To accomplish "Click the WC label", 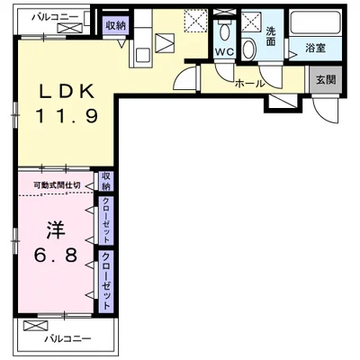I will point(225,52).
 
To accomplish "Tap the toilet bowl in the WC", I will point(225,34).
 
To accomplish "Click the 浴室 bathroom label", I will point(315,47).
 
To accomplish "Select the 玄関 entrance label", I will point(325,78).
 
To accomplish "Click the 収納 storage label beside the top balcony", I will point(114,26).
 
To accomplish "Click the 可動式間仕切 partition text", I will point(57,185).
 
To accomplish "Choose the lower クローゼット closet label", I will point(106,280).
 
